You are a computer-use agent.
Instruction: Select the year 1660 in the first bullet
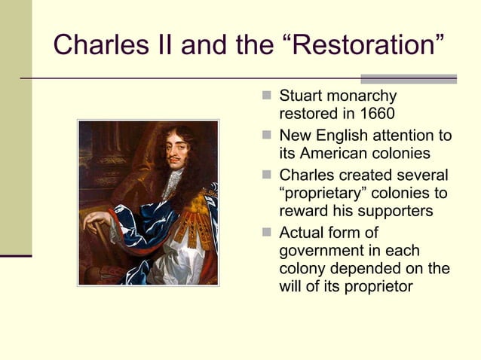(x=376, y=116)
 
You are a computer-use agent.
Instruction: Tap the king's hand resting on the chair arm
(x=97, y=221)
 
